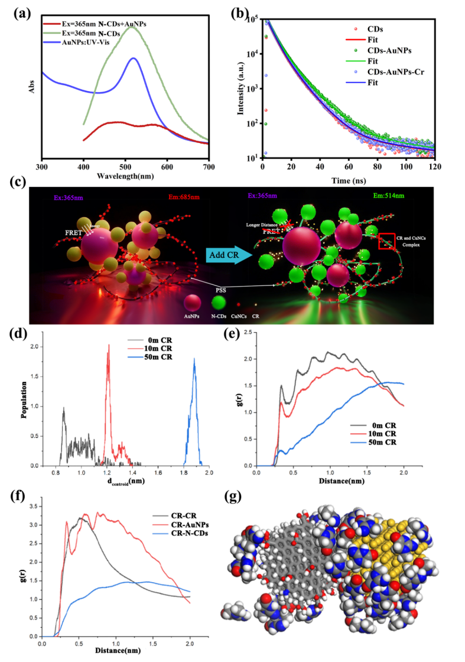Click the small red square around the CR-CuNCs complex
(x=386, y=241)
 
